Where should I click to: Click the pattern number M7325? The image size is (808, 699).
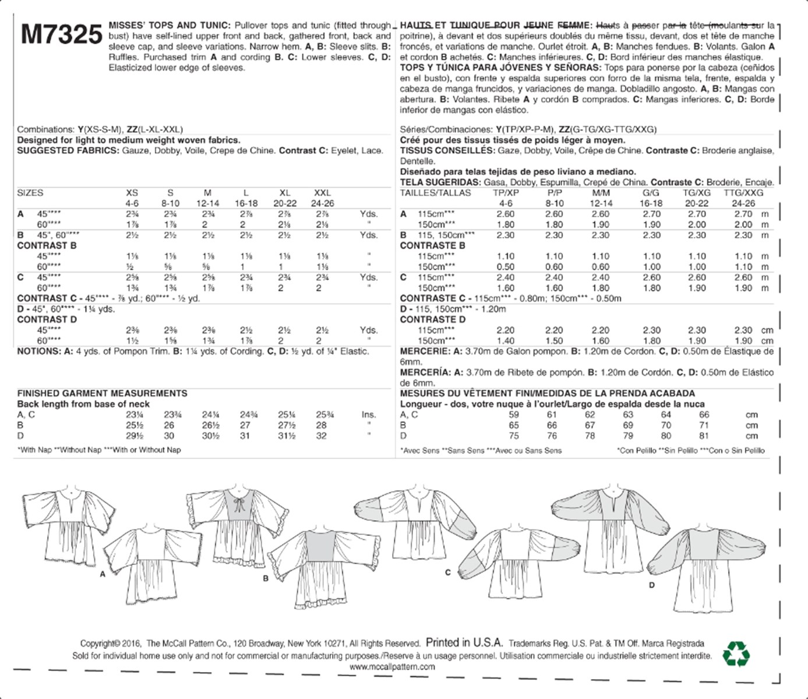(x=61, y=35)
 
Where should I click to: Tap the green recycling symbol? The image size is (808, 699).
(x=736, y=654)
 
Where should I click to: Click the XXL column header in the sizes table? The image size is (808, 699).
(x=322, y=193)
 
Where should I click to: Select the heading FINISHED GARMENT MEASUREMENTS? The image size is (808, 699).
(x=102, y=394)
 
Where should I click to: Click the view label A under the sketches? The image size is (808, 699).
(x=103, y=574)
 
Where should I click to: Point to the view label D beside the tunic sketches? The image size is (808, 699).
(x=652, y=584)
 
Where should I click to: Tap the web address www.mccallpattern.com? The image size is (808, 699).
(x=392, y=667)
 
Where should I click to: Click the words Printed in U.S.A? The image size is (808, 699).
(x=464, y=642)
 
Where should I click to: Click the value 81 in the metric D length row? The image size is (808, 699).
(x=704, y=436)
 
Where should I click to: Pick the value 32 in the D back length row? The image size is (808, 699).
(x=321, y=436)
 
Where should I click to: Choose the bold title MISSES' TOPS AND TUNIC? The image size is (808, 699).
(x=170, y=26)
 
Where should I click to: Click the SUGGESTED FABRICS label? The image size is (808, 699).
(x=68, y=151)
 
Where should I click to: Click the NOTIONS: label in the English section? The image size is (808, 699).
(x=38, y=351)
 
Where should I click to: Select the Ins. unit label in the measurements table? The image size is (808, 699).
(x=368, y=415)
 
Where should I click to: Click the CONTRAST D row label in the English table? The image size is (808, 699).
(x=47, y=320)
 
